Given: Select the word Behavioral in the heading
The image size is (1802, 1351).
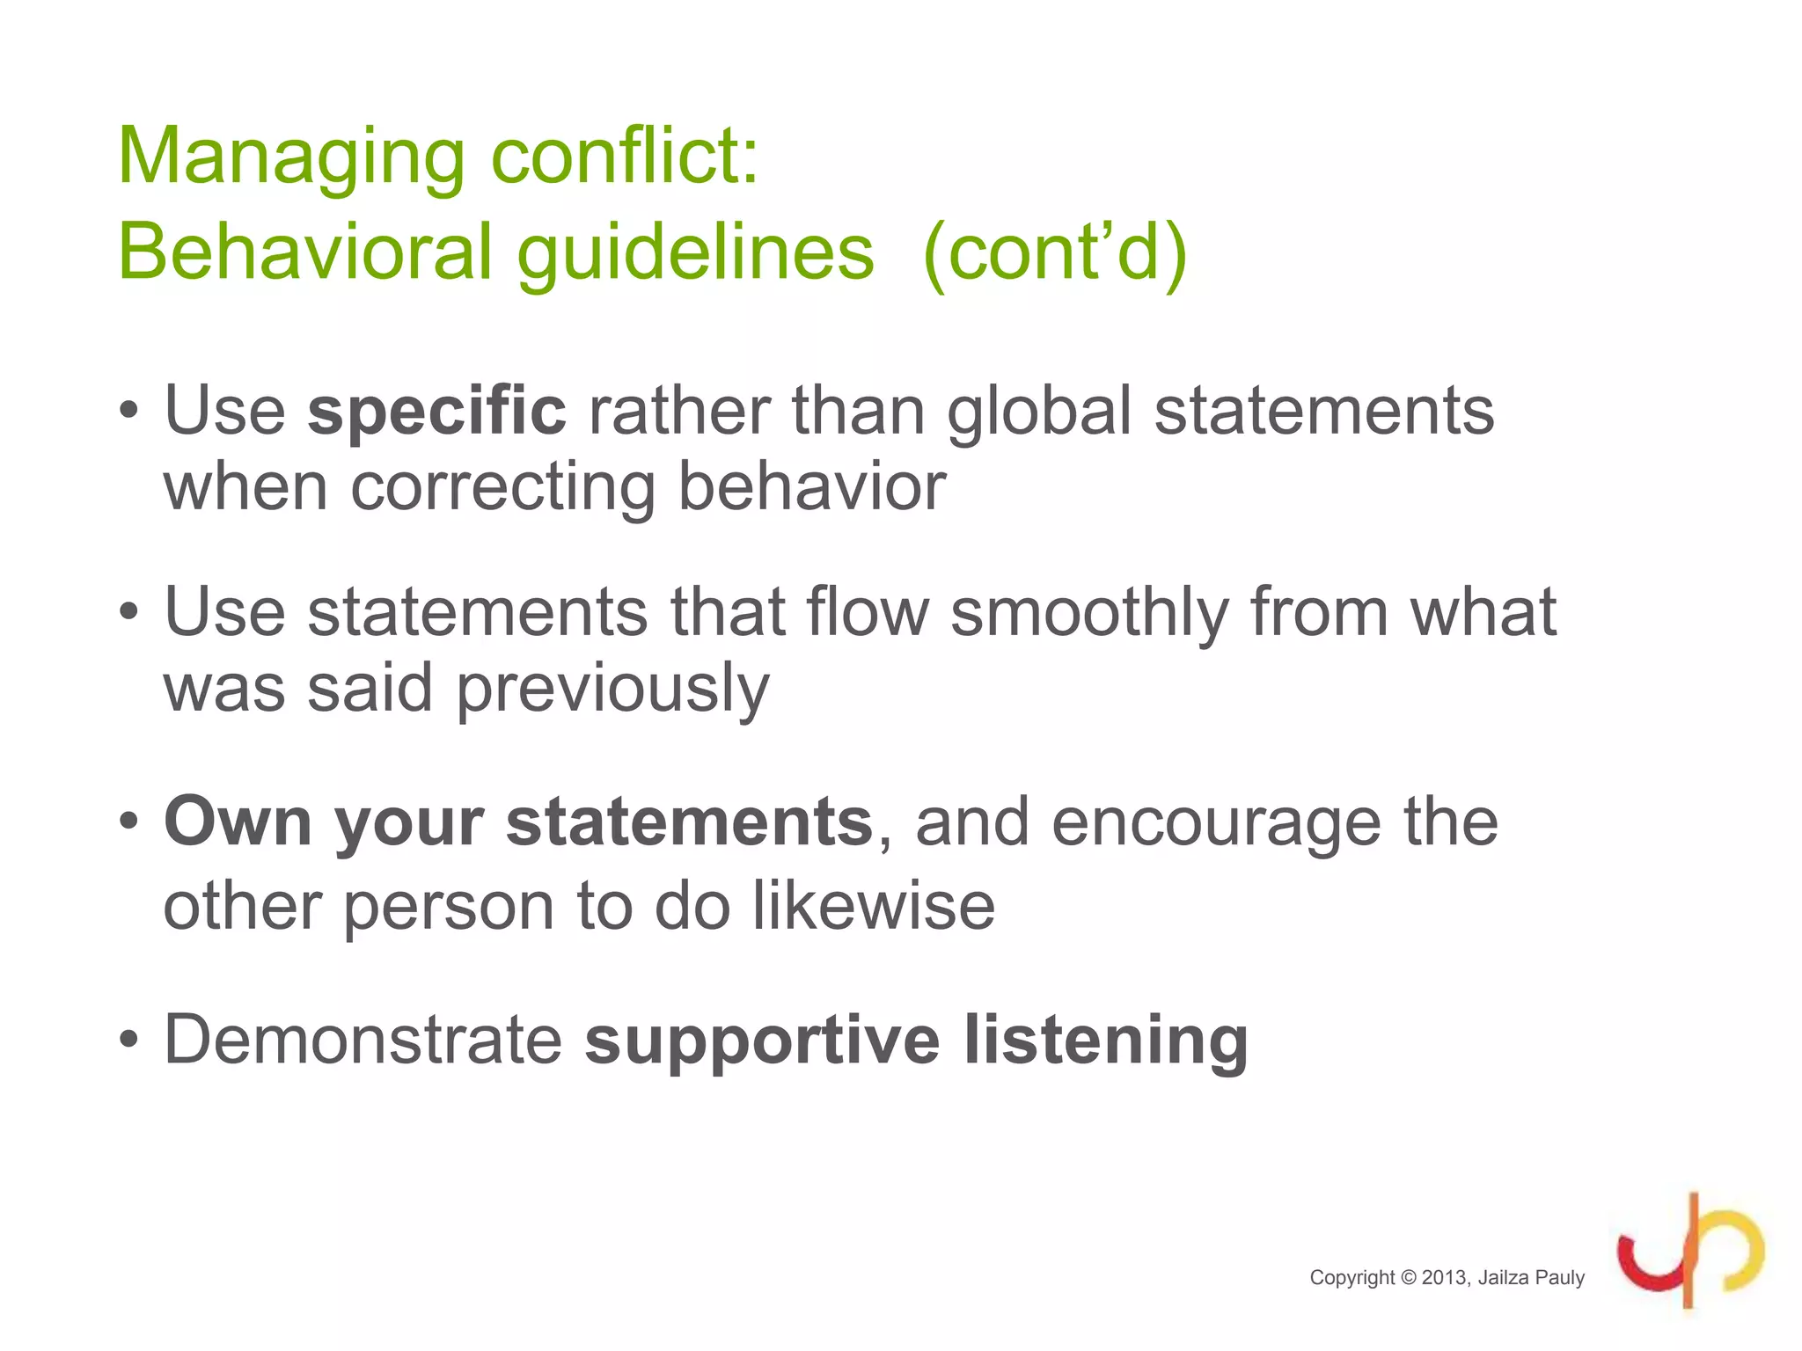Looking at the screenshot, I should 304,253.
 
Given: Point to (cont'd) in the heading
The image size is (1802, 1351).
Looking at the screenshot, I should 1055,253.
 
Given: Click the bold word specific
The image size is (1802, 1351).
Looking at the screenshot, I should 436,412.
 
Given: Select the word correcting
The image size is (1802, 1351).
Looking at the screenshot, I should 503,487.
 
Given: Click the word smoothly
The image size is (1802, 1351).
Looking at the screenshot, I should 1089,612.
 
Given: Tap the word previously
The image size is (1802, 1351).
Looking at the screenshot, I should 612,690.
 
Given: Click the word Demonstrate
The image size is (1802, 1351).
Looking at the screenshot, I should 363,1040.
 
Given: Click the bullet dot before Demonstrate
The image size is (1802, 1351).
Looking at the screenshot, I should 129,1040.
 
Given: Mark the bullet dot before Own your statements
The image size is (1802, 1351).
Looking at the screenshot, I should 129,822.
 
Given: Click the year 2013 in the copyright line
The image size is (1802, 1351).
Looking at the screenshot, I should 1445,1278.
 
